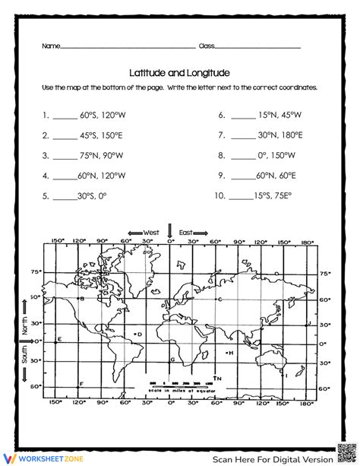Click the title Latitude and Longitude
pos(179,73)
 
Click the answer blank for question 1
pos(65,118)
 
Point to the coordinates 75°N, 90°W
pos(103,155)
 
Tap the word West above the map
pos(152,233)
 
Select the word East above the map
pos(186,233)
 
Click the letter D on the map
pos(139,334)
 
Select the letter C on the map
pos(219,300)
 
